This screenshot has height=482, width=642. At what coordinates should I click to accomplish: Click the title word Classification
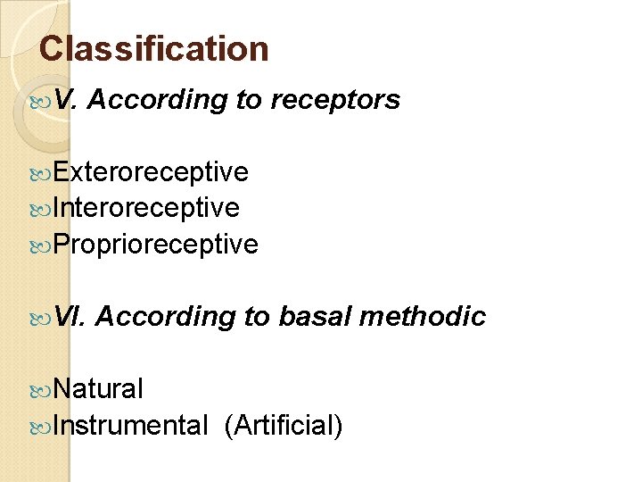154,48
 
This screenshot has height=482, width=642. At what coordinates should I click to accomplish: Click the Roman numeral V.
65,101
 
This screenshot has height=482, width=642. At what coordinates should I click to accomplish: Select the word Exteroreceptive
151,171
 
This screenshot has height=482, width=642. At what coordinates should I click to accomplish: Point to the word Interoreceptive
146,207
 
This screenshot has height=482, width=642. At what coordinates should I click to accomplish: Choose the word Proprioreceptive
156,244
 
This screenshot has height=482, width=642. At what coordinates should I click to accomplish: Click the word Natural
98,388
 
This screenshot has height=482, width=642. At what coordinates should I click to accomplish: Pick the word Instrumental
130,425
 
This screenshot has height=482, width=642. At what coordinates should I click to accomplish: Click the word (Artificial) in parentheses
284,425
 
